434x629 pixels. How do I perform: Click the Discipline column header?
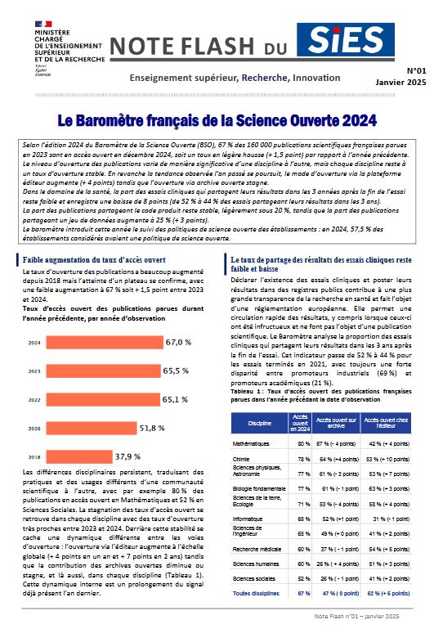[259, 423]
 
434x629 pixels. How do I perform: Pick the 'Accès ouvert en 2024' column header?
[300, 422]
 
